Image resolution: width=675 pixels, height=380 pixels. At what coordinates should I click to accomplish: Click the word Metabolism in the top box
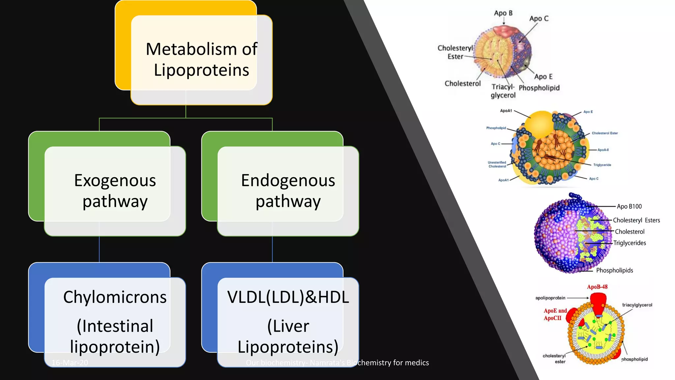[x=191, y=49]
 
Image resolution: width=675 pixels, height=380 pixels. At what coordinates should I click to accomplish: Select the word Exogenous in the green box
[x=115, y=180]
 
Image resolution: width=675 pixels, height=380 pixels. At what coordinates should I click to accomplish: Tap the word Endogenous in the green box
[x=288, y=180]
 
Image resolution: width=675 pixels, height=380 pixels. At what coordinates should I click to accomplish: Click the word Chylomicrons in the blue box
[x=115, y=297]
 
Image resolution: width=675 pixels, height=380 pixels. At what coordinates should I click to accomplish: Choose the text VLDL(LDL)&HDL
[x=288, y=297]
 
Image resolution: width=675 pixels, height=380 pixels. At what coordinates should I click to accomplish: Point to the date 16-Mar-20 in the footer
[x=70, y=363]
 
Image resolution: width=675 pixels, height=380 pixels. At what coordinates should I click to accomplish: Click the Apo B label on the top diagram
[x=503, y=13]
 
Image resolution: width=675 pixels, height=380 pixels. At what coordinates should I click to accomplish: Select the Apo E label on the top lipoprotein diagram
[x=543, y=77]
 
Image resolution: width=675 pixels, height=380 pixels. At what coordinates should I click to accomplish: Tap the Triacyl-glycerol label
[x=503, y=91]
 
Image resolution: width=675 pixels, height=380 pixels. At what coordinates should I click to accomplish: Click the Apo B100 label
[x=629, y=206]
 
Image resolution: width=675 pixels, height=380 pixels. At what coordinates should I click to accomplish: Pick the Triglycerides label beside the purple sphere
[x=630, y=243]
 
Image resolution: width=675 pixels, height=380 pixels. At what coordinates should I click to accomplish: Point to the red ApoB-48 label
[x=597, y=287]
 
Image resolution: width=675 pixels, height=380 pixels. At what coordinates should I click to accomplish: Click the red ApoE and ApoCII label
[x=555, y=314]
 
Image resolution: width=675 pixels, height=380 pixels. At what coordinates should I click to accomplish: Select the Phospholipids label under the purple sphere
[x=614, y=270]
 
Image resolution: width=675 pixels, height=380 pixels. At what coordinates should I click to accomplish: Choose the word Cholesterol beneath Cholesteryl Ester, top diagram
[x=462, y=83]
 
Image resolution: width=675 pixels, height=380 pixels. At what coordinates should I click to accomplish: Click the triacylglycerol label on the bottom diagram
[x=637, y=305]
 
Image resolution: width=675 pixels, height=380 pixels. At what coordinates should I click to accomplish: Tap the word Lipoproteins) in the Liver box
[x=288, y=347]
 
